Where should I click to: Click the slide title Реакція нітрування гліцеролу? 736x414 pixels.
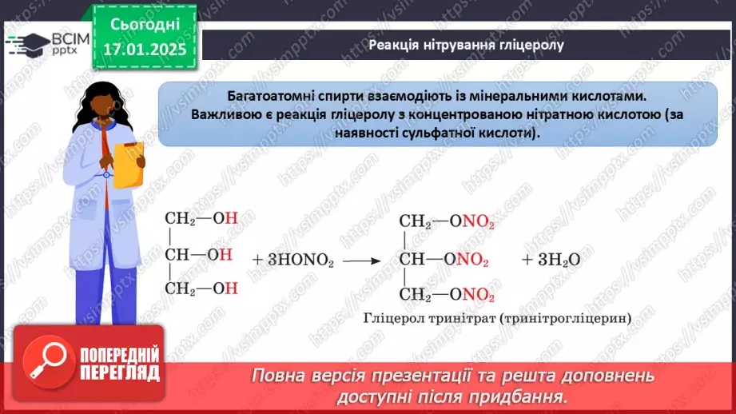466,45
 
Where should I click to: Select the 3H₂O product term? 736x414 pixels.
551,260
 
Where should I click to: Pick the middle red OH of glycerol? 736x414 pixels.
225,255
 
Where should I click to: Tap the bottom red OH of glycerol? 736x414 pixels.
230,289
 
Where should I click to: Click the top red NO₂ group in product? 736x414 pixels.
479,223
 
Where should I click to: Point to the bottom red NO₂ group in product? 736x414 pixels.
479,295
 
